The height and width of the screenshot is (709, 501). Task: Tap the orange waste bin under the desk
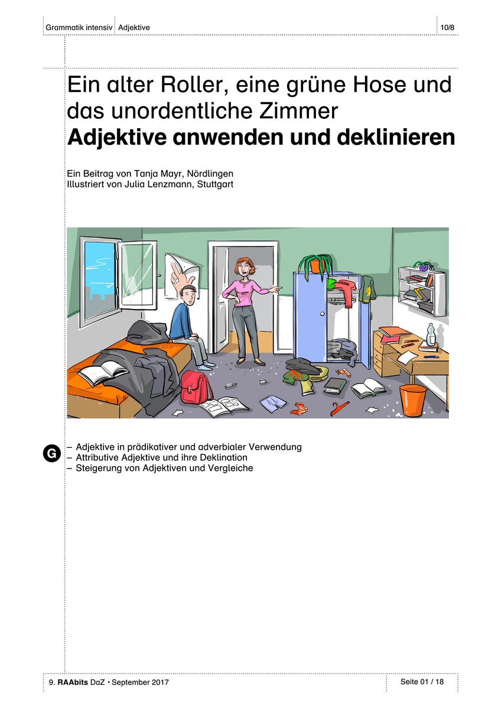pyautogui.click(x=412, y=400)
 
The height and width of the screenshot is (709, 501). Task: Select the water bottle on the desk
pyautogui.click(x=431, y=334)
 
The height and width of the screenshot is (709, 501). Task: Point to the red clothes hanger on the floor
pyautogui.click(x=339, y=408)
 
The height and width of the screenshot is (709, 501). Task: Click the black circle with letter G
pyautogui.click(x=51, y=453)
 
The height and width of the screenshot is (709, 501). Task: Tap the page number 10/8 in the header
pyautogui.click(x=447, y=28)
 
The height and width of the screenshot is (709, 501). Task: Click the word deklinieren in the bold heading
pyautogui.click(x=396, y=137)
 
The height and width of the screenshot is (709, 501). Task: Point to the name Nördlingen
pyautogui.click(x=210, y=174)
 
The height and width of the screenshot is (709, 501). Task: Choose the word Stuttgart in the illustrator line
pyautogui.click(x=215, y=184)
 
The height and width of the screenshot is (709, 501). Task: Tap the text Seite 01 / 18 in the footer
pyautogui.click(x=422, y=681)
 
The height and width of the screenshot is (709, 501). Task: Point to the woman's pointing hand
pyautogui.click(x=275, y=289)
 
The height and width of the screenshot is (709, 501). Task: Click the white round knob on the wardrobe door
pyautogui.click(x=322, y=314)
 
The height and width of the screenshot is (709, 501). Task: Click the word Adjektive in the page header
pyautogui.click(x=134, y=28)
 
